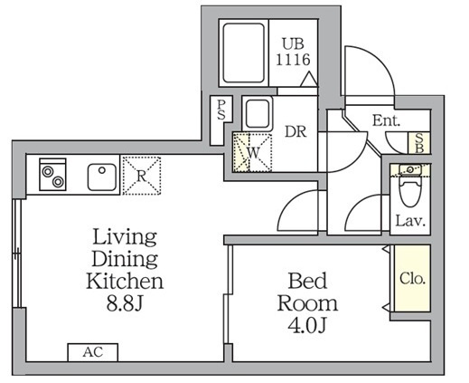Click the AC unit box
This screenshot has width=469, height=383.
[93, 352]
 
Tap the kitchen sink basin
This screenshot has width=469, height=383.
[102, 177]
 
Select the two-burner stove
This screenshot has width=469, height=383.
[52, 175]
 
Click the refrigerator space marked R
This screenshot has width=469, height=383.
[142, 176]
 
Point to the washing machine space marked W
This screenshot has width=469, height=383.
[252, 152]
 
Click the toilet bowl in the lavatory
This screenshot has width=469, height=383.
[410, 193]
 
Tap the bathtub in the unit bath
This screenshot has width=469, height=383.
[244, 53]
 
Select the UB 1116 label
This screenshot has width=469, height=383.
[293, 52]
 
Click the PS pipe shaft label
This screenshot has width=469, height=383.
[221, 110]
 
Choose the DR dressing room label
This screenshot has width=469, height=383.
[295, 131]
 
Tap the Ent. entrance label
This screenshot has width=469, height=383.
[387, 120]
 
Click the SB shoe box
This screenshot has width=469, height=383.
[419, 143]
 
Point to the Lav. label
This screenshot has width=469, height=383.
[410, 221]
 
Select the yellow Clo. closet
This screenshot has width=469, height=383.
[412, 278]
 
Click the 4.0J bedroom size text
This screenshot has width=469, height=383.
[307, 325]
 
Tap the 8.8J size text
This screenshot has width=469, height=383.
[124, 304]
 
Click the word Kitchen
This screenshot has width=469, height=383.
[125, 281]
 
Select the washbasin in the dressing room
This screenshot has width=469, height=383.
[258, 113]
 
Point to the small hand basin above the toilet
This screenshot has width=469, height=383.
[409, 170]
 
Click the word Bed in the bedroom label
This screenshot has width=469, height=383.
[307, 281]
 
